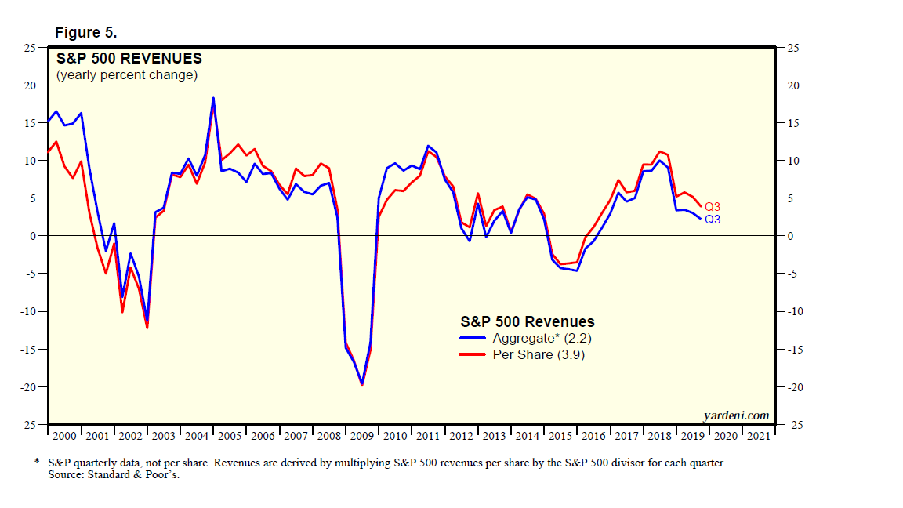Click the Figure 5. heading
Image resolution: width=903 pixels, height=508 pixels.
pyautogui.click(x=85, y=32)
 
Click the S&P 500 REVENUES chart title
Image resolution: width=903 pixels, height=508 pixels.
pyautogui.click(x=129, y=59)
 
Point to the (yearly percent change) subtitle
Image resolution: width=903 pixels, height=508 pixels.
pyautogui.click(x=126, y=75)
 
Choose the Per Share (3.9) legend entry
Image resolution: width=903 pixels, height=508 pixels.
pyautogui.click(x=538, y=355)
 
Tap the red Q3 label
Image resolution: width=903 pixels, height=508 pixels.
pyautogui.click(x=713, y=206)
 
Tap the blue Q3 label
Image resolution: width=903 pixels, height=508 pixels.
pyautogui.click(x=713, y=220)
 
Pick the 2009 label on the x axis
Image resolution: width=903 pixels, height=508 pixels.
pyautogui.click(x=362, y=436)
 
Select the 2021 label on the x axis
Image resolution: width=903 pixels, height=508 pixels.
pyautogui.click(x=759, y=436)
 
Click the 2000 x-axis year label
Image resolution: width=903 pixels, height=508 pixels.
pyautogui.click(x=65, y=436)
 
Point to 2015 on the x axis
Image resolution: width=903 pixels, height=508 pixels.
pyautogui.click(x=560, y=436)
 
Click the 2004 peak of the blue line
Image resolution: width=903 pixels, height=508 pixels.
pyautogui.click(x=214, y=98)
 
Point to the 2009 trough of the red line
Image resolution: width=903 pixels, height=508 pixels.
pyautogui.click(x=362, y=385)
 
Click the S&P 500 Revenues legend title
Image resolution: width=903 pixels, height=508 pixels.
pyautogui.click(x=527, y=322)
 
